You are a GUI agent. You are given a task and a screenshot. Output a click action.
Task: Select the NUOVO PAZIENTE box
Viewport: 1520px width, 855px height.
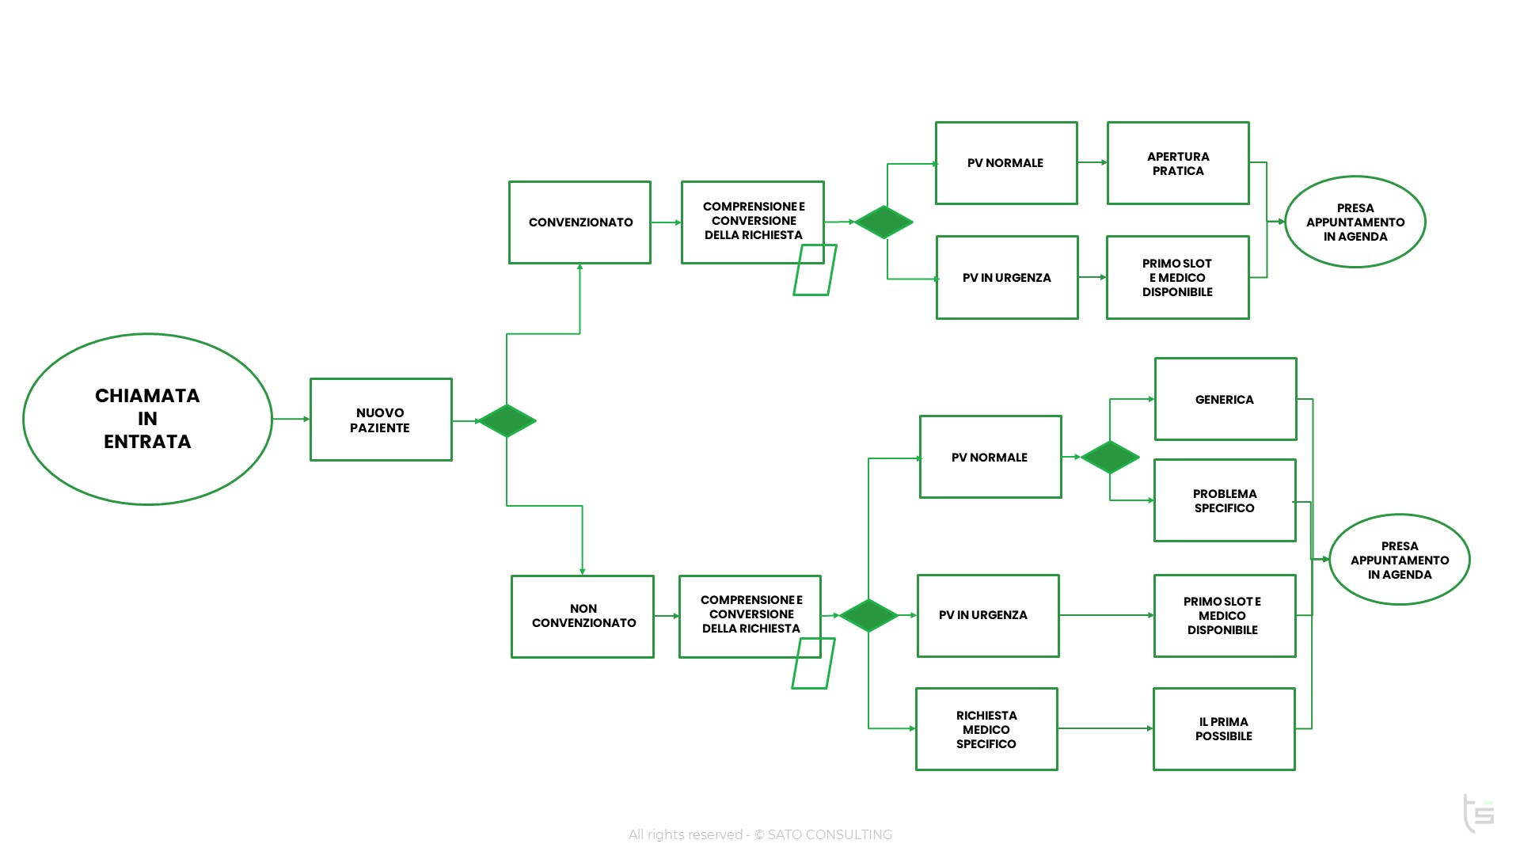click(381, 420)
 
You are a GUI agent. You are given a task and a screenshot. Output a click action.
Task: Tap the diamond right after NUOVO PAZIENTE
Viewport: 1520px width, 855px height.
click(507, 420)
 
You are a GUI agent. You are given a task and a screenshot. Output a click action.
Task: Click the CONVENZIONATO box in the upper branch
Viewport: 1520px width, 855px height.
click(579, 222)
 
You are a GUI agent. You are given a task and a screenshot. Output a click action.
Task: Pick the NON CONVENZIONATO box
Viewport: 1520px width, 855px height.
click(583, 617)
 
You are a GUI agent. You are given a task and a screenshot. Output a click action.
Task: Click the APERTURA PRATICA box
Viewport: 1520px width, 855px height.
click(1178, 163)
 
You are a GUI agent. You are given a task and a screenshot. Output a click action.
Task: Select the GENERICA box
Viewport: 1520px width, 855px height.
click(1225, 399)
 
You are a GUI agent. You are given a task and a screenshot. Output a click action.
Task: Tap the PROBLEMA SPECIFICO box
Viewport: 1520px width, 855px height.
click(1225, 500)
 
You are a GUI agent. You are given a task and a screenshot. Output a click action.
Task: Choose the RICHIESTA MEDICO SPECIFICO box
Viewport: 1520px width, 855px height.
click(986, 729)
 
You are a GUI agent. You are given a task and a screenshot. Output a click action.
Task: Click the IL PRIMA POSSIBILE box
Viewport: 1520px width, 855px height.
click(1224, 729)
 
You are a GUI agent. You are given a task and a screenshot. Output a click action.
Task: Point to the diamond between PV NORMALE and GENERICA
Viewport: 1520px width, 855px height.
click(1110, 457)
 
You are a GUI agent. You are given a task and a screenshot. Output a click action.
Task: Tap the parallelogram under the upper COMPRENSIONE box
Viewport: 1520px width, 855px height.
click(815, 270)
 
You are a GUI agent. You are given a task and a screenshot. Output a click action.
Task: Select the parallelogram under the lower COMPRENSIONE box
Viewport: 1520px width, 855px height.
click(813, 663)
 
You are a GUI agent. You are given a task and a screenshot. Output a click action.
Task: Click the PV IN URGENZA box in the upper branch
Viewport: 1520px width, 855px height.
click(1007, 278)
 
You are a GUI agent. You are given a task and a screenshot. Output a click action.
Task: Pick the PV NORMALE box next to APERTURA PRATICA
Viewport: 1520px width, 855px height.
click(1006, 163)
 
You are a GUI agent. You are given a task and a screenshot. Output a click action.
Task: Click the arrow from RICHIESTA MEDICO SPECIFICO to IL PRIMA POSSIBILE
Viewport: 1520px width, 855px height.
click(1105, 728)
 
